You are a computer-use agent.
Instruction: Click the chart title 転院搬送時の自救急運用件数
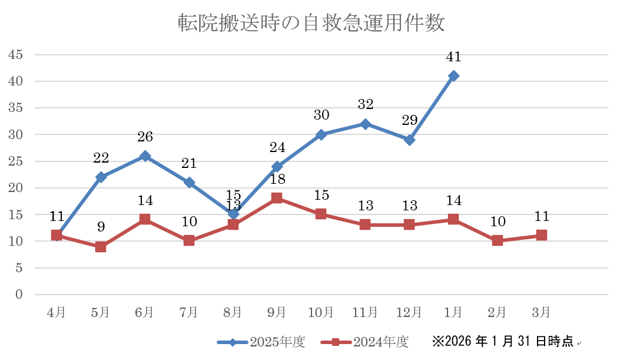311,22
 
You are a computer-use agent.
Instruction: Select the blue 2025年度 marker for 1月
453,76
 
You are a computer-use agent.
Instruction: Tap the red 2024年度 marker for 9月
277,198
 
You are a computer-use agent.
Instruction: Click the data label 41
453,57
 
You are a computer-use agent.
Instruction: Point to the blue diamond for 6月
145,156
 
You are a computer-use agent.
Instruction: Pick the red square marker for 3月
541,236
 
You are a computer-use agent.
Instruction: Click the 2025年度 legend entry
261,342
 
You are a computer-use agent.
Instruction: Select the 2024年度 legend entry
364,342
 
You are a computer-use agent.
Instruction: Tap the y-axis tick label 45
15,55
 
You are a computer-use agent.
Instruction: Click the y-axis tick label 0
19,295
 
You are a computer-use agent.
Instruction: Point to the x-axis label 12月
409,312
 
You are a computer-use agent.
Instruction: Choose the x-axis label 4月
56,312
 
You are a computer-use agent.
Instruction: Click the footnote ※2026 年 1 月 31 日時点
502,341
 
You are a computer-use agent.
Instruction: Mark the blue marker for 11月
366,124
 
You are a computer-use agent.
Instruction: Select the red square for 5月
101,246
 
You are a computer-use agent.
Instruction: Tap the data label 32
366,104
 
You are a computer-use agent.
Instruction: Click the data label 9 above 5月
101,227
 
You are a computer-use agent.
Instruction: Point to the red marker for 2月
498,240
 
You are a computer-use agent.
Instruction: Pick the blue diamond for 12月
410,140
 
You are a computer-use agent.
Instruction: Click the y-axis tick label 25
15,161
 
